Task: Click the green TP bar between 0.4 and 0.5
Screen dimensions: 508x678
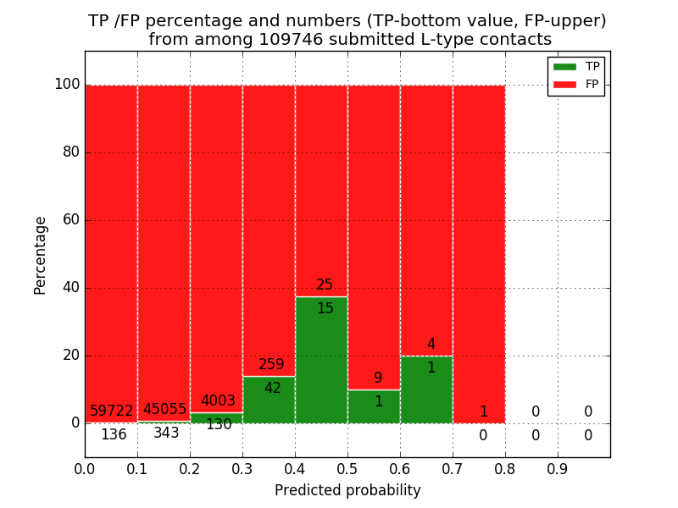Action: [321, 360]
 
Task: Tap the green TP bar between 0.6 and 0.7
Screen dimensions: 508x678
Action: [426, 389]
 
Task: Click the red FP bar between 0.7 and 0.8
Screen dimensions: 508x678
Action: [479, 254]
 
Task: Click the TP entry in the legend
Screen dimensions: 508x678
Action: [576, 66]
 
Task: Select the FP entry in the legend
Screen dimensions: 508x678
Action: [576, 84]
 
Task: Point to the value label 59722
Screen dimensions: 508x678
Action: [112, 411]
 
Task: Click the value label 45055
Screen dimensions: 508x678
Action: [164, 409]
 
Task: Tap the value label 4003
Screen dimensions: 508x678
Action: [218, 401]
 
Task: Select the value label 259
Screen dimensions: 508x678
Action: [271, 365]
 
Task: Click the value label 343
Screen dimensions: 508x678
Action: [166, 433]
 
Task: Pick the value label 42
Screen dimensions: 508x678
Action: [272, 389]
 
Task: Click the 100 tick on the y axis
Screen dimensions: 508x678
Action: [67, 85]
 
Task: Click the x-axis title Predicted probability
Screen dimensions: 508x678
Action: [347, 490]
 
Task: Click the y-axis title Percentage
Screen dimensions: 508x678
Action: [41, 255]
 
